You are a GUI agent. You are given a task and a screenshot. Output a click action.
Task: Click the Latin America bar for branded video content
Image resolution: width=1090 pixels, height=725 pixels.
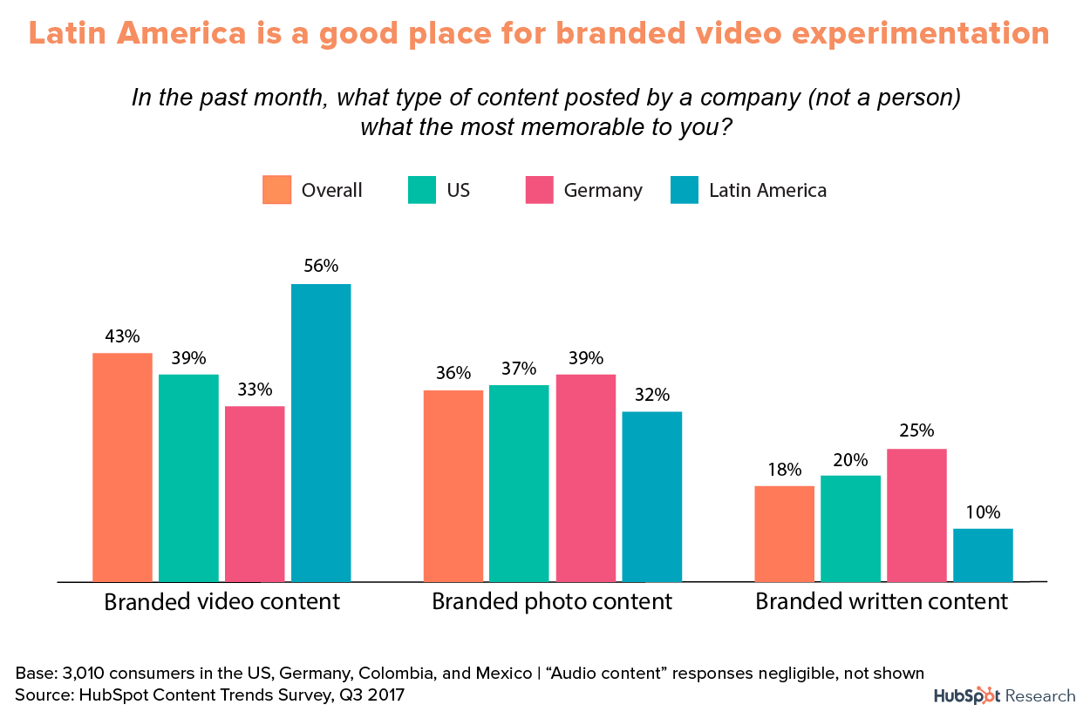(x=321, y=432)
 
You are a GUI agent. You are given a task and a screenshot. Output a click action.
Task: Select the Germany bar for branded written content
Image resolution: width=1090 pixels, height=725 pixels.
(x=916, y=515)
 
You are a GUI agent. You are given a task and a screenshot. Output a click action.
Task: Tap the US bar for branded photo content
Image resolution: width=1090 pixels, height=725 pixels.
(x=519, y=483)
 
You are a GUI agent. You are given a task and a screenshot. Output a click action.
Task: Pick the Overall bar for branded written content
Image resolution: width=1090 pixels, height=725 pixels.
(x=784, y=533)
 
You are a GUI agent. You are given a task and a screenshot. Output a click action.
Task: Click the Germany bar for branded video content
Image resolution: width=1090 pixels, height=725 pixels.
(x=255, y=493)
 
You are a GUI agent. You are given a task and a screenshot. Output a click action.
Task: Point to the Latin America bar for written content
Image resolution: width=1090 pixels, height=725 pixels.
(x=983, y=554)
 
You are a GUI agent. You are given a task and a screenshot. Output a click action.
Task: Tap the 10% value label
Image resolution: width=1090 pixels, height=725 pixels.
(x=983, y=512)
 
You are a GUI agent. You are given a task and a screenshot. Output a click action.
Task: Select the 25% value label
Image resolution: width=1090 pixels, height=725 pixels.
(x=916, y=431)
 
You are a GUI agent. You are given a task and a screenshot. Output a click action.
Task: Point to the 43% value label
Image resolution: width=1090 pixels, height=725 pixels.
(x=122, y=335)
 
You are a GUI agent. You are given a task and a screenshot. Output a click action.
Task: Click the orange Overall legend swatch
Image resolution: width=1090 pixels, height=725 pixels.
(x=276, y=190)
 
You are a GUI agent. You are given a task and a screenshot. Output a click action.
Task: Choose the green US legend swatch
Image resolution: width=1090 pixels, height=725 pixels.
(x=421, y=190)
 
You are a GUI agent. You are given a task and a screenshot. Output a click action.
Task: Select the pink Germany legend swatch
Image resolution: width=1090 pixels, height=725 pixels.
(x=539, y=190)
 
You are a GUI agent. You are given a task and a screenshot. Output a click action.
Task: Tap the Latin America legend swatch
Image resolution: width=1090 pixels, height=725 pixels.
(x=685, y=190)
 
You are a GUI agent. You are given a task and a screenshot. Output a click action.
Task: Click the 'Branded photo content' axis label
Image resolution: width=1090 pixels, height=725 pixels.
(x=552, y=601)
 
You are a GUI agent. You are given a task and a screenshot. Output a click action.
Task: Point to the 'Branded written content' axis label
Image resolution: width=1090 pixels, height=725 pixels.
(x=881, y=601)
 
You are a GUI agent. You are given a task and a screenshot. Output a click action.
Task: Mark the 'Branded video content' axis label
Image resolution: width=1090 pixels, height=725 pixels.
(x=221, y=601)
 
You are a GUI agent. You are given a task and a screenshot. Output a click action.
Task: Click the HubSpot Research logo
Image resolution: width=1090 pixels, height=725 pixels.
(x=1005, y=695)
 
